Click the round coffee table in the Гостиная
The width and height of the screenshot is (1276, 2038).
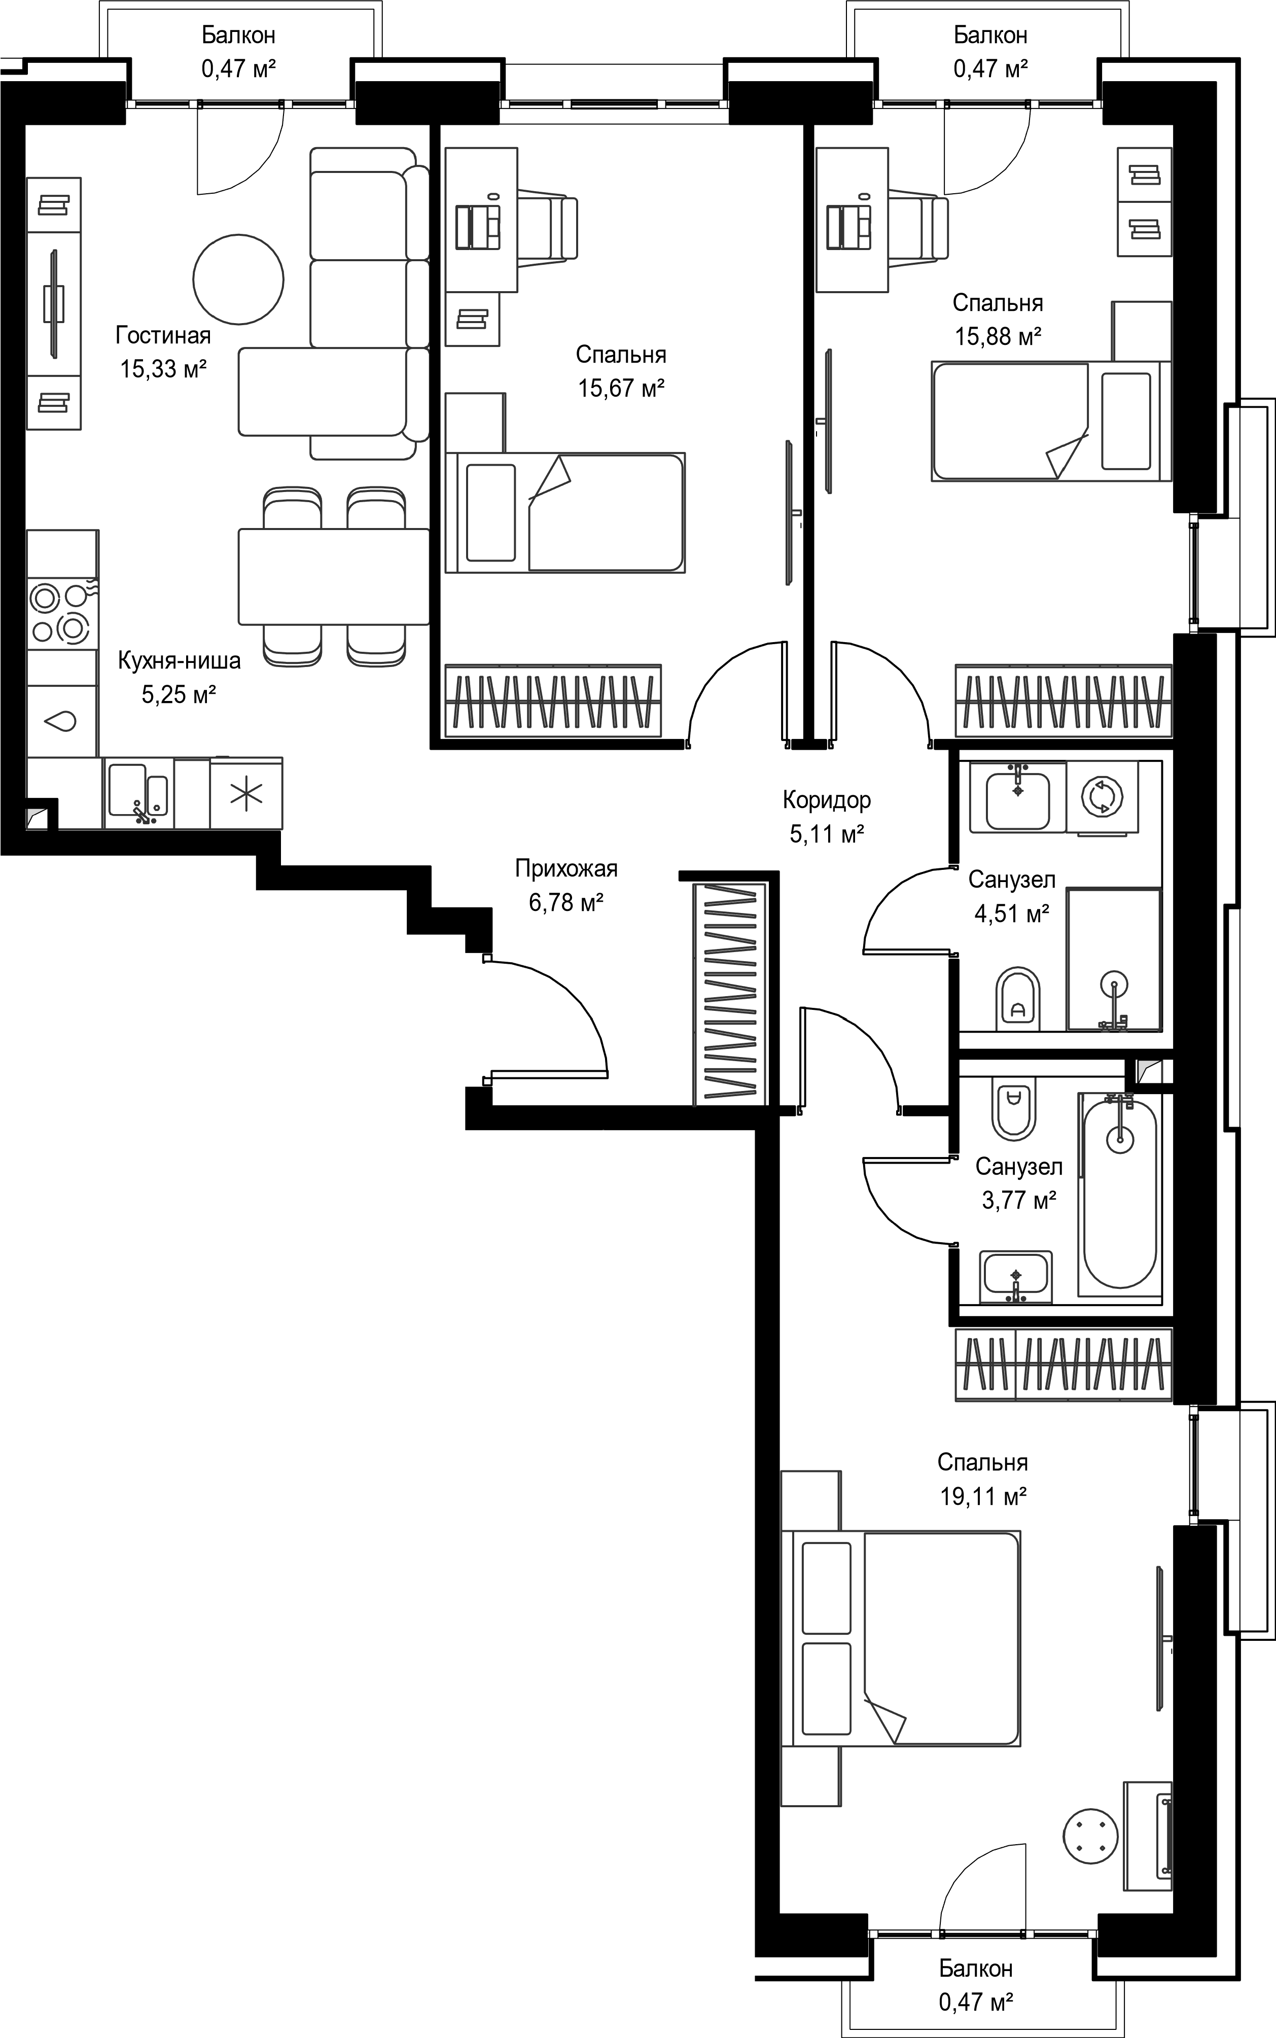click(x=238, y=279)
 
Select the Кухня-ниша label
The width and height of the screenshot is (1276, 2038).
click(x=179, y=661)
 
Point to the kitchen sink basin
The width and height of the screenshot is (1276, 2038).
click(x=137, y=792)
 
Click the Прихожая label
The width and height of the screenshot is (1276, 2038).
click(x=566, y=868)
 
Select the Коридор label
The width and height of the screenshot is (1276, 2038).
click(x=827, y=799)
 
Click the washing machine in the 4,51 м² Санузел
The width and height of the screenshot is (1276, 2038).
click(x=1102, y=797)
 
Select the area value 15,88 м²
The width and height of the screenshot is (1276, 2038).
click(x=998, y=337)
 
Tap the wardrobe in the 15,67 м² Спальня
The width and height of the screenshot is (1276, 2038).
click(x=553, y=700)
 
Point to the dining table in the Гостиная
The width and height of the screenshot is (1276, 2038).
click(x=334, y=576)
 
